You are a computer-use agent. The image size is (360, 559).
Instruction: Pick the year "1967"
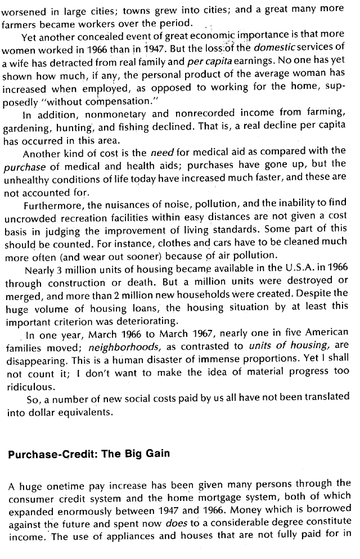click(180, 333)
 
